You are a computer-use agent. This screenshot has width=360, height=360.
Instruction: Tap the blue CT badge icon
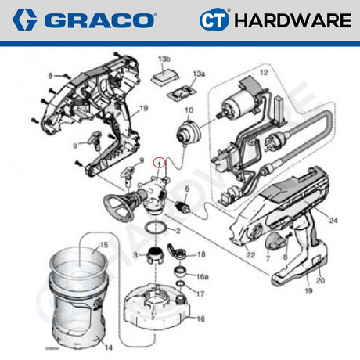[x=214, y=20]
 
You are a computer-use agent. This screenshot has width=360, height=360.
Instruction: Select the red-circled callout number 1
[x=160, y=164]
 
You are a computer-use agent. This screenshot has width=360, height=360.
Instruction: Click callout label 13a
[x=200, y=74]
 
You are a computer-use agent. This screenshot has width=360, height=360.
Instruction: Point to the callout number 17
[x=200, y=294]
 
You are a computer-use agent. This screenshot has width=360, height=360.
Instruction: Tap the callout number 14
[x=108, y=346]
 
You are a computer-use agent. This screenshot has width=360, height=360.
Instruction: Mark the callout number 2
[x=178, y=232]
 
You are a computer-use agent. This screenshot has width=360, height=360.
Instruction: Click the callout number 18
[x=201, y=255]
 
